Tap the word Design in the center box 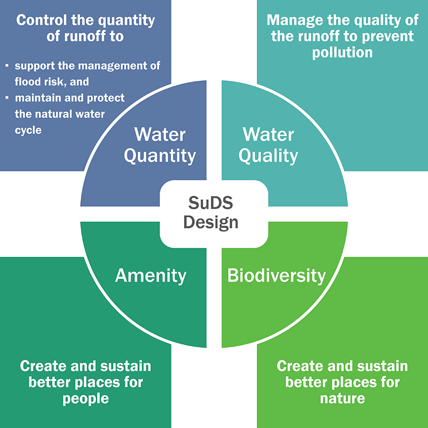210,222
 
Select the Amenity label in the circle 151,276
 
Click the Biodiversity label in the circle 276,276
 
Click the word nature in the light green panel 342,399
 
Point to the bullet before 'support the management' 7,66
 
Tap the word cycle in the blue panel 28,129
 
